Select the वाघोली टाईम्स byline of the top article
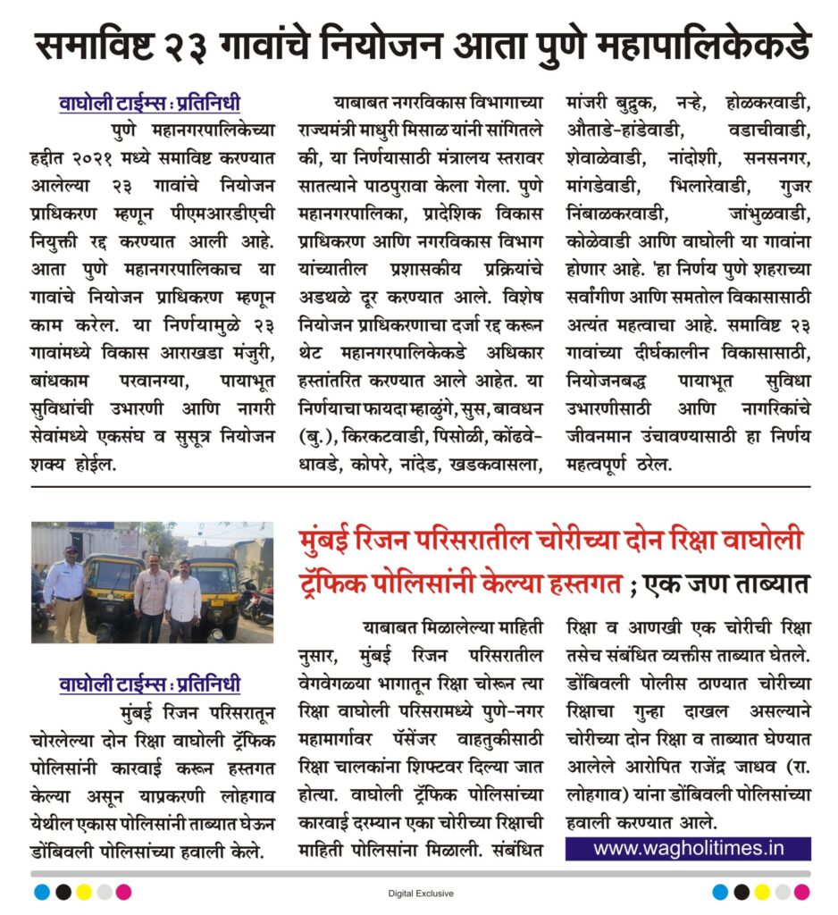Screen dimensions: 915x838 [150, 103]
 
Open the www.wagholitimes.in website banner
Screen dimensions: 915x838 [688, 848]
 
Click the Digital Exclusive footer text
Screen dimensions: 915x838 [421, 893]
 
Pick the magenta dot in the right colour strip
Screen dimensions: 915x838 [801, 892]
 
